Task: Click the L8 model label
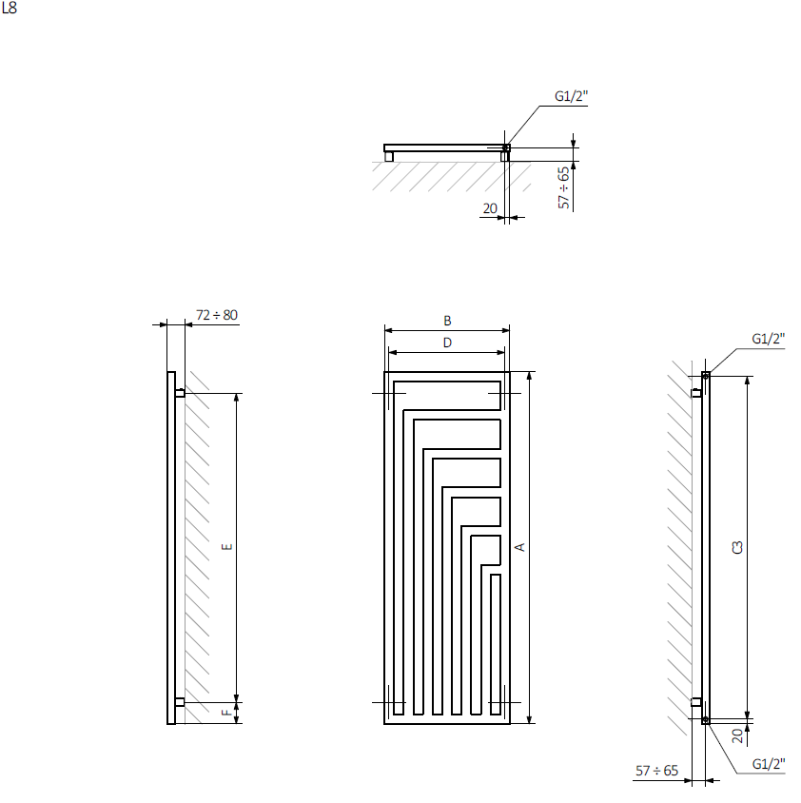(x=10, y=9)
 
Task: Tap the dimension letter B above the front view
(x=447, y=321)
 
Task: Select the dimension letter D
(x=447, y=343)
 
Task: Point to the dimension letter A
(x=519, y=547)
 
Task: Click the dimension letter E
(x=226, y=547)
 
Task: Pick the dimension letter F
(x=226, y=713)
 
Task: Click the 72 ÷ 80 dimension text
(x=217, y=315)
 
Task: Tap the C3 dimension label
(x=737, y=547)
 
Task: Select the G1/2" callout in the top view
(x=571, y=96)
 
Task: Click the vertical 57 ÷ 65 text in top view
(x=563, y=187)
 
